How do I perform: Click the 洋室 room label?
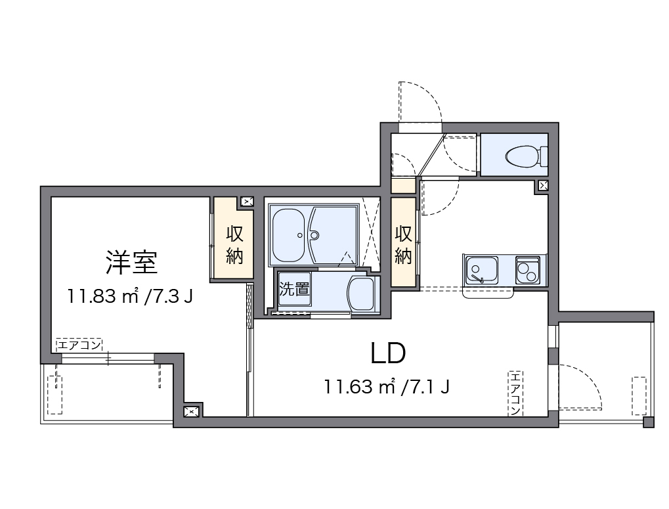(131, 263)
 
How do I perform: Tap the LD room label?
(389, 354)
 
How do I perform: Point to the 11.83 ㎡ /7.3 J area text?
(130, 297)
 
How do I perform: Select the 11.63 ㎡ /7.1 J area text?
(387, 387)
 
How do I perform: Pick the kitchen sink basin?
(481, 269)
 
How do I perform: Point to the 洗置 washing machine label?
(294, 289)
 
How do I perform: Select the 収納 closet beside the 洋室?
(234, 244)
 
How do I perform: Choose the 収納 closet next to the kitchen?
(404, 244)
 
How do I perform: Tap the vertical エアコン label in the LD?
(515, 393)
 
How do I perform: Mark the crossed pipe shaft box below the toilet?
(543, 186)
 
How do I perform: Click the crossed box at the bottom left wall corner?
(191, 412)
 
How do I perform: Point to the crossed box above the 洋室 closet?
(247, 202)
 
